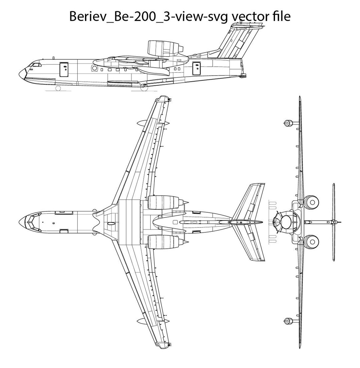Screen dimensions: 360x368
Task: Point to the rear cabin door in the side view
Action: coord(197,67)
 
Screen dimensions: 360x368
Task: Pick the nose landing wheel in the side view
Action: coord(58,88)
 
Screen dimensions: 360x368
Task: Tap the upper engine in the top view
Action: coord(161,202)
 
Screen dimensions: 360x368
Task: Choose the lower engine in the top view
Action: coord(161,242)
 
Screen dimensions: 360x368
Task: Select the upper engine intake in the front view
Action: coord(312,201)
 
